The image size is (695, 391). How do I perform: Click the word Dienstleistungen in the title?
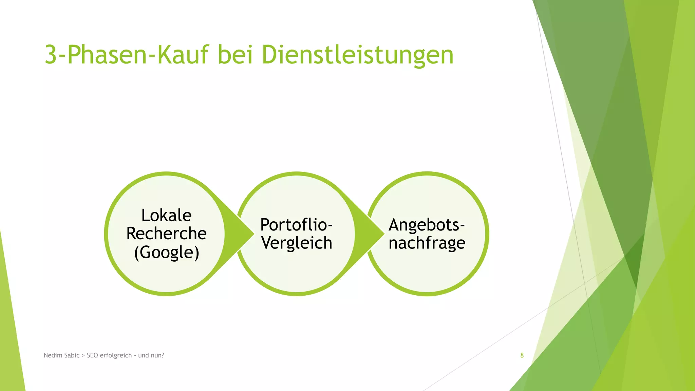coord(357,55)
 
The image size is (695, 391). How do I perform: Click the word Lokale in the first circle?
coord(166,216)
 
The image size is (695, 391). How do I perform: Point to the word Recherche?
coord(166,234)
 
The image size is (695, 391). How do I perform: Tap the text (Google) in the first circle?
coord(166,252)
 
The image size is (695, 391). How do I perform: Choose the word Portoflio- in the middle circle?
coord(296,225)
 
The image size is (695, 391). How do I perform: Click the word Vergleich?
coord(297,243)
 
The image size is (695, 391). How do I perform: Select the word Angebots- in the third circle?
coord(426,225)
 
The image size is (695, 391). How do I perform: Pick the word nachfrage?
coord(427,243)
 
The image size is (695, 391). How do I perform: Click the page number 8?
coord(522,355)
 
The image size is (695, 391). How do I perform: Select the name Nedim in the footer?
coord(52,355)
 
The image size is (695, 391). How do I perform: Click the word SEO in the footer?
coord(92,355)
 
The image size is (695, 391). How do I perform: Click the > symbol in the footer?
coord(83,356)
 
